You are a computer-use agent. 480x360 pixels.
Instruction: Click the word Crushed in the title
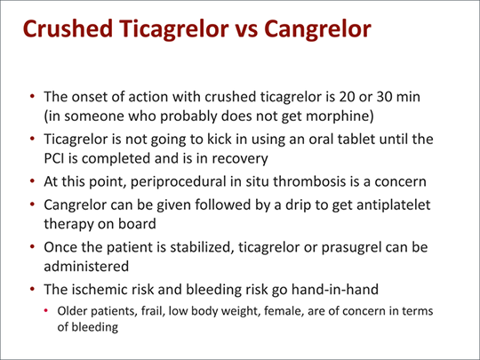68,28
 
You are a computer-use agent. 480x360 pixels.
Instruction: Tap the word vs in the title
246,30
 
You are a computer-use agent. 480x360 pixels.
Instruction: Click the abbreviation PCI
54,158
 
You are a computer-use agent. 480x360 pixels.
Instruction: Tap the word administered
86,267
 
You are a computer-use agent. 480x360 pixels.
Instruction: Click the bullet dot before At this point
33,181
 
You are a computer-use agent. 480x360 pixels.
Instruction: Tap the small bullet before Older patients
46,311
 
